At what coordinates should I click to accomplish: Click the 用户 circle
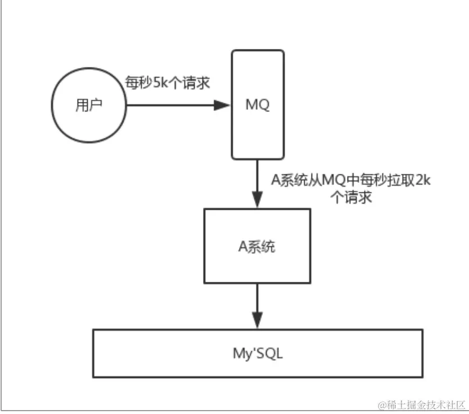[88, 105]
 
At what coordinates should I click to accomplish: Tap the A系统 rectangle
[257, 246]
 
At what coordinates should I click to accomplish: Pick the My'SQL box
[258, 353]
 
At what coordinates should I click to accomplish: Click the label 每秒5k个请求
[167, 83]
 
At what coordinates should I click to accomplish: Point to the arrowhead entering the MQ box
[223, 105]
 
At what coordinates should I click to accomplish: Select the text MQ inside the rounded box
[258, 105]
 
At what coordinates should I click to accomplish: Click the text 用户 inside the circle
[88, 105]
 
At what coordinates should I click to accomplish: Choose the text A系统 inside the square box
[257, 246]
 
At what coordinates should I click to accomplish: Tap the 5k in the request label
[161, 83]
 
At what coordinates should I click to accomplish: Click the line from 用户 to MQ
[169, 105]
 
